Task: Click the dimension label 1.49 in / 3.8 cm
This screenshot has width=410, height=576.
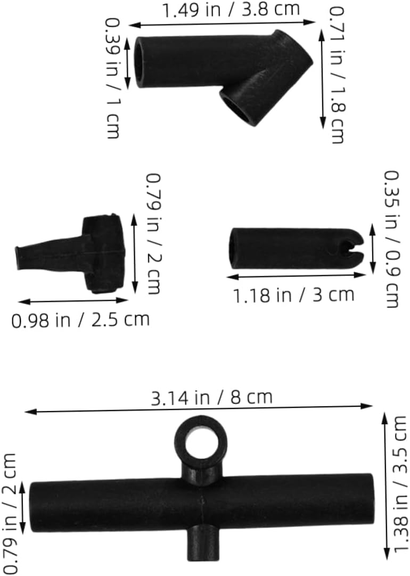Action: pyautogui.click(x=231, y=10)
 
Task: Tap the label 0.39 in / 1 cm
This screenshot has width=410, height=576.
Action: pyautogui.click(x=113, y=78)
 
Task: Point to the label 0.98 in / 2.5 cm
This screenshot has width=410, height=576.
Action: pyautogui.click(x=80, y=319)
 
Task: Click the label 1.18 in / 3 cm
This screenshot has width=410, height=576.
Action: pyautogui.click(x=294, y=295)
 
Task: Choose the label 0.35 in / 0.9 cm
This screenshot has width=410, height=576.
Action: pyautogui.click(x=392, y=239)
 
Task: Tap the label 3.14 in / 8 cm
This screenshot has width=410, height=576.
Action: pyautogui.click(x=212, y=398)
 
